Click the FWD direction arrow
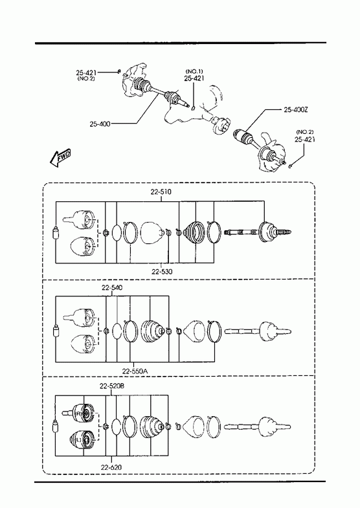60,158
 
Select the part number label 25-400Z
296,110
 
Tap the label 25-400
100,124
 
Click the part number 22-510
161,192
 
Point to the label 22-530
162,272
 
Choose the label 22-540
112,287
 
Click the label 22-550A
135,371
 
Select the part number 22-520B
112,386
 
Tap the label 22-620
111,467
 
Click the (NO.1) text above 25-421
194,71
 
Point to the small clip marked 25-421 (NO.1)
192,108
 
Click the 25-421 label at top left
87,72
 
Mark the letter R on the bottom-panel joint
78,414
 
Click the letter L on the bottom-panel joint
78,439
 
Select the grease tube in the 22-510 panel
56,232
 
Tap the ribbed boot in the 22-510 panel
194,232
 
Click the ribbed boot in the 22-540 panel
152,331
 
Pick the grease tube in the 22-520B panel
56,427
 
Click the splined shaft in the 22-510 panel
258,232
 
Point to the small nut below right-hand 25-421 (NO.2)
290,166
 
